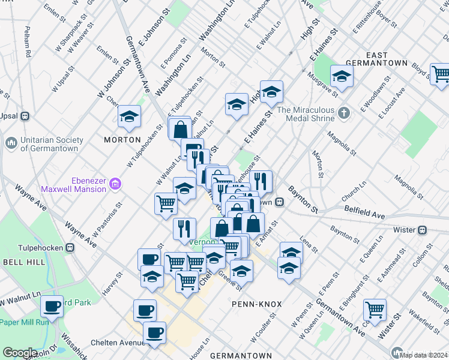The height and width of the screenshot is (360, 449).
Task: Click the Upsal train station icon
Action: pos(25,116)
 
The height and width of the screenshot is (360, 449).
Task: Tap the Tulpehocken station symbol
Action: pos(70,247)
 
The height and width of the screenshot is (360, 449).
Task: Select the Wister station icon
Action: pos(423,229)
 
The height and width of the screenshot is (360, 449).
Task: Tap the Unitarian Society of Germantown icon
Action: pos(11,143)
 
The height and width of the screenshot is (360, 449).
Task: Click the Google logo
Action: pos(20,353)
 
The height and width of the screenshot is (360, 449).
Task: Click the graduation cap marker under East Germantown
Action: pos(342,76)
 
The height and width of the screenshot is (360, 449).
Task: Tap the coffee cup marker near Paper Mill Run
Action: pos(52,306)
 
